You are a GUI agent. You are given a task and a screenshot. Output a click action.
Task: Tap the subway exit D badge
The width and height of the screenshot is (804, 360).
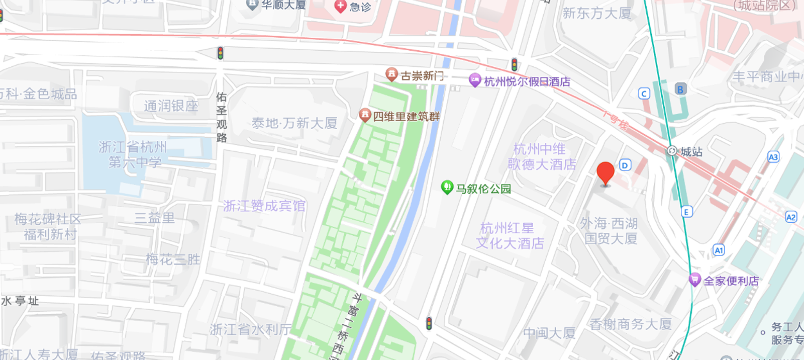tap(625, 165)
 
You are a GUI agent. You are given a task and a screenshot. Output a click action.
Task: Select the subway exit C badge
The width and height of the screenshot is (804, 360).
tap(644, 94)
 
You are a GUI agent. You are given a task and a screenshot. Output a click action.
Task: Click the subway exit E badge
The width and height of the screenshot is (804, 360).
tap(686, 212)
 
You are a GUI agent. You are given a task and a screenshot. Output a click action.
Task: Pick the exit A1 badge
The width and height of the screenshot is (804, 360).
tap(719, 250)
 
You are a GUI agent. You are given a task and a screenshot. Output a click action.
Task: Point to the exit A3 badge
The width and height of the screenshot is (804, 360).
tap(773, 157)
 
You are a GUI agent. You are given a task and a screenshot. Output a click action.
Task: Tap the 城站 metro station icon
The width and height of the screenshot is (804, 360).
tap(672, 151)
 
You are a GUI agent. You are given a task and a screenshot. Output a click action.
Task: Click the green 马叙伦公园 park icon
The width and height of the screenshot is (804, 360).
tap(447, 188)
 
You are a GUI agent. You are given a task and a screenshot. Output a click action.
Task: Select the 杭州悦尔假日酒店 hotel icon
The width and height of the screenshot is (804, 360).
tap(475, 80)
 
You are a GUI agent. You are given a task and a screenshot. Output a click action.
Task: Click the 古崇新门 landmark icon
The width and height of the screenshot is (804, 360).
tap(391, 74)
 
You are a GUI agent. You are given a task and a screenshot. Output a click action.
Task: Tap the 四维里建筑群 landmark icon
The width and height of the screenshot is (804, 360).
tap(365, 115)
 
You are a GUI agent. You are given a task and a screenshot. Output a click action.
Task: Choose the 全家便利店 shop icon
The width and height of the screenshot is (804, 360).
tap(694, 280)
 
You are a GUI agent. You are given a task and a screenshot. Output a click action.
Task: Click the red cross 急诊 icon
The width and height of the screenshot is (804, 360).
tap(340, 6)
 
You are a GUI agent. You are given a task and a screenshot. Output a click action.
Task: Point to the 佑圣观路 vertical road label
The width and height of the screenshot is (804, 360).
tap(222, 117)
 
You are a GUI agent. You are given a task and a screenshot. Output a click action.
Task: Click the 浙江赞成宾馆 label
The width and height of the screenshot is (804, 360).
tap(264, 206)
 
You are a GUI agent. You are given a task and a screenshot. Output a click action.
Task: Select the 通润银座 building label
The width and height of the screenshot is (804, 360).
tap(171, 106)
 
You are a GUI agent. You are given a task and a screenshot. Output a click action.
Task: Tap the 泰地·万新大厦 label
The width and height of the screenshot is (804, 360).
tap(294, 123)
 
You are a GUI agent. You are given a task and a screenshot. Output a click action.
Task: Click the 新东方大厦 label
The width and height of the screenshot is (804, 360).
tap(596, 13)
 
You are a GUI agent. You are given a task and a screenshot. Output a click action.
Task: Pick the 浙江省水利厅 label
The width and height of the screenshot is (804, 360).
tap(250, 329)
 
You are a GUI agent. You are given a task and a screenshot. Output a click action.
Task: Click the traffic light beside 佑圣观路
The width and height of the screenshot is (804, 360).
tap(220, 53)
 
